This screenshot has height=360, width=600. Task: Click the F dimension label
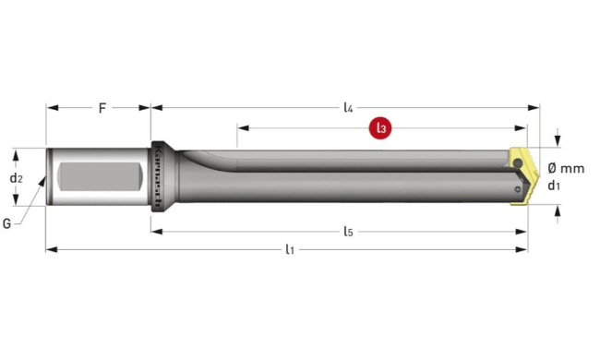click(x=102, y=108)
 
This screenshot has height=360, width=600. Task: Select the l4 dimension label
click(x=347, y=108)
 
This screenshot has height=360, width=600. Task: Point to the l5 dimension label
click(x=347, y=231)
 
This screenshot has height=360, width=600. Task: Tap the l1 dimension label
click(x=290, y=249)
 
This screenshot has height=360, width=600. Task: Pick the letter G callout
click(x=7, y=222)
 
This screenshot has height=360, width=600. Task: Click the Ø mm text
click(x=565, y=168)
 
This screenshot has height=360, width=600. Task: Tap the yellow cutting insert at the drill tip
click(x=522, y=174)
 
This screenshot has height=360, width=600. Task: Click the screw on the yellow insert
click(x=519, y=165)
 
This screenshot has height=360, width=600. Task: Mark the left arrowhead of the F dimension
click(x=52, y=108)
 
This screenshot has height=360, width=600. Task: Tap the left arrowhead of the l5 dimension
click(x=157, y=231)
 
